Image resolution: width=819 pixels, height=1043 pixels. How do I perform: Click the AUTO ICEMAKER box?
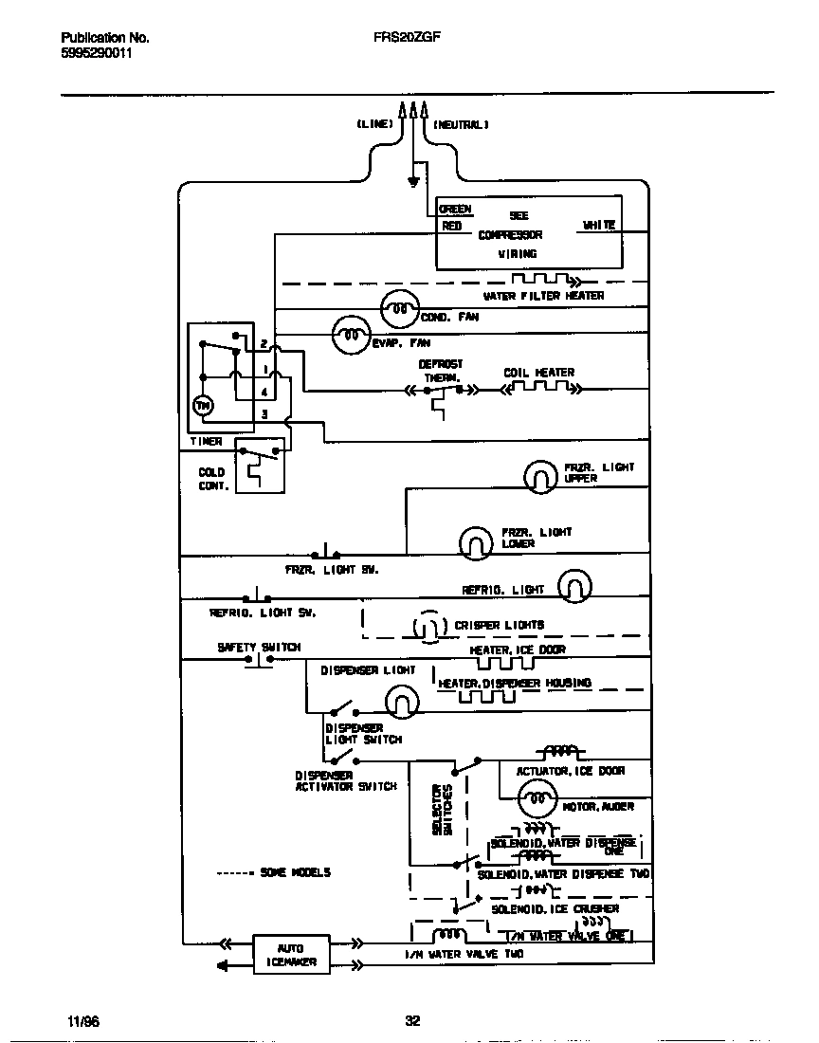point(290,955)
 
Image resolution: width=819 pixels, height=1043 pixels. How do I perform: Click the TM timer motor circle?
point(203,406)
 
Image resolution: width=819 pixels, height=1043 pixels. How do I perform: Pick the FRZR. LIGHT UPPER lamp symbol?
point(540,476)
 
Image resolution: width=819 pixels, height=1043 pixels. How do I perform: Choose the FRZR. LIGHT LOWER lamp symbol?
point(476,541)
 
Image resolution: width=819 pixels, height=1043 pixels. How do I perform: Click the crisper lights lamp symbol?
point(428,627)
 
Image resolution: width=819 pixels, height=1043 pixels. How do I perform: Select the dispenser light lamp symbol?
point(401,701)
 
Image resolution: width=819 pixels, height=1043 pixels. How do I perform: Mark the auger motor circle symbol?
point(537,799)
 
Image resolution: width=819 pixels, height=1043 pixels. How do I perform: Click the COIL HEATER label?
point(538,373)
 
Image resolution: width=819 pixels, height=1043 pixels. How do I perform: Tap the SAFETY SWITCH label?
point(258,647)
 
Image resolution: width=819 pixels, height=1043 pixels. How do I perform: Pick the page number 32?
point(412,1021)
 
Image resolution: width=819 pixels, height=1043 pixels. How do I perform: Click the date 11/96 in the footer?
point(83,1021)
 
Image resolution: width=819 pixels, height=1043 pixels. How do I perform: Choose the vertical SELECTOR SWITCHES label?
point(442,808)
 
